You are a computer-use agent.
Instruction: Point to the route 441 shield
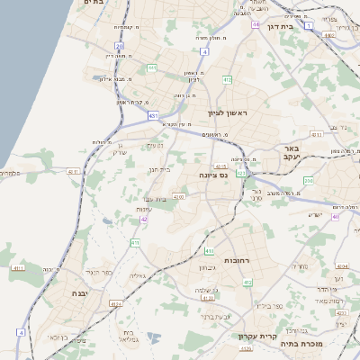152,67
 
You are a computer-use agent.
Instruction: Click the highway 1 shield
308,27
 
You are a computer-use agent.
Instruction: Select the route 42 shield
144,219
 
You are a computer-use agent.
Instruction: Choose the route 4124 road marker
116,303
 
